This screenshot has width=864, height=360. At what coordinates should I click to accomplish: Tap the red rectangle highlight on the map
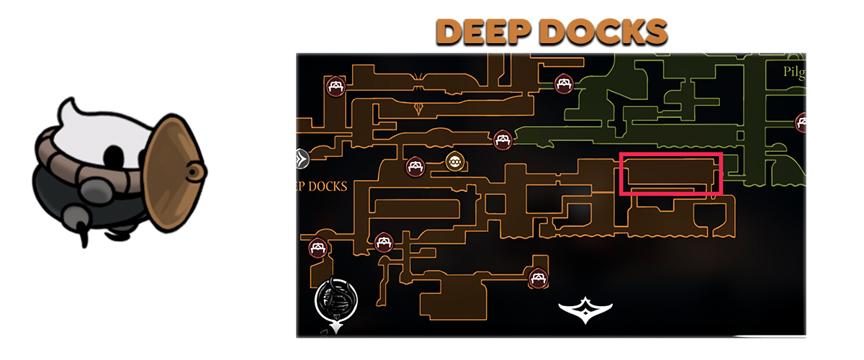tap(670, 174)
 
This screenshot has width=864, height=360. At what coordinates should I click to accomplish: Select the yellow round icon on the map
tap(454, 161)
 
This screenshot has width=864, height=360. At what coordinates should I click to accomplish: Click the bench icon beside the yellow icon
tap(415, 167)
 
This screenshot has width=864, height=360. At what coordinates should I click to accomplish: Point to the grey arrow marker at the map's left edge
tap(302, 158)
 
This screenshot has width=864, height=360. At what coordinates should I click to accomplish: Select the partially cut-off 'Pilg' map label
tap(793, 72)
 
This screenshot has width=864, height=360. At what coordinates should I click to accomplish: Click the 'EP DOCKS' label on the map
tap(322, 186)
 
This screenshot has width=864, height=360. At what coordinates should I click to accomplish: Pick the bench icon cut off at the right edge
tap(801, 122)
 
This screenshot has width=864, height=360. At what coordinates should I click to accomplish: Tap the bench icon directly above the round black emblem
tap(318, 248)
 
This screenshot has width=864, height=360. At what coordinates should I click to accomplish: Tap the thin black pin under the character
tap(84, 238)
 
